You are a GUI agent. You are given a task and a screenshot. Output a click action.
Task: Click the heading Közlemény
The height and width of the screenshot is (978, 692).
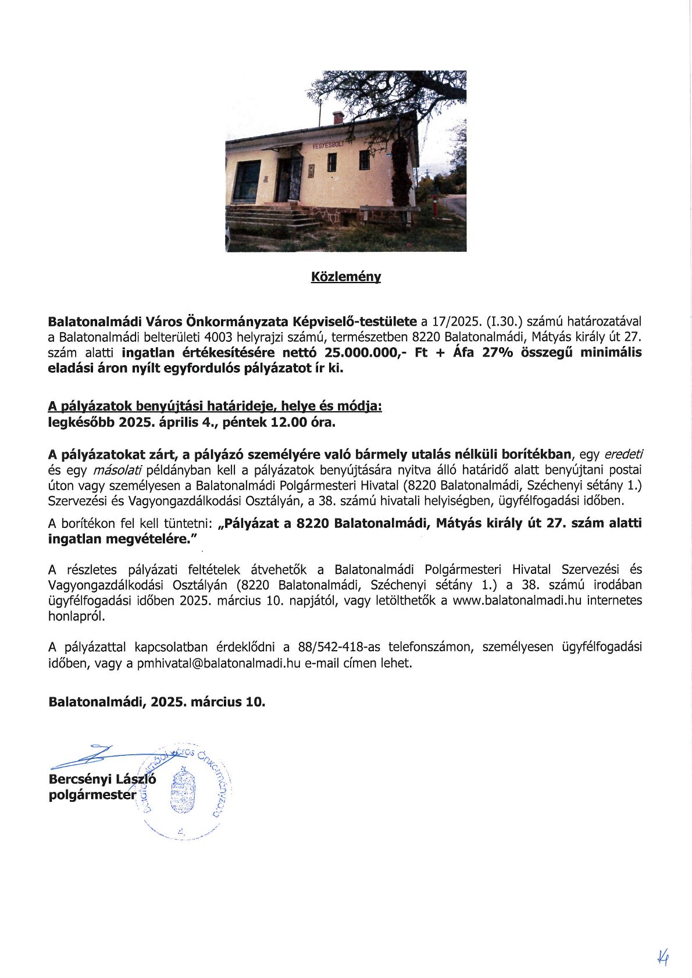point(346,277)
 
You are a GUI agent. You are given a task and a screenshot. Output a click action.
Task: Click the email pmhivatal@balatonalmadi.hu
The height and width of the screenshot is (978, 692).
point(219,663)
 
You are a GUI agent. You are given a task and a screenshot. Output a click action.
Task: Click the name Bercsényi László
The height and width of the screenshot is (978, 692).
point(102,779)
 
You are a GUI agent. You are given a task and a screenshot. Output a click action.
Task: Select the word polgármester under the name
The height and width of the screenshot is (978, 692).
point(92,795)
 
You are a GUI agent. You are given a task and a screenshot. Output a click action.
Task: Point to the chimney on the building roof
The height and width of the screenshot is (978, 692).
point(338,117)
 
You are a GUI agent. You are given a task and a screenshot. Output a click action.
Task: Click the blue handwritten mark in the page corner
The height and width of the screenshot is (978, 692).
point(662,956)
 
